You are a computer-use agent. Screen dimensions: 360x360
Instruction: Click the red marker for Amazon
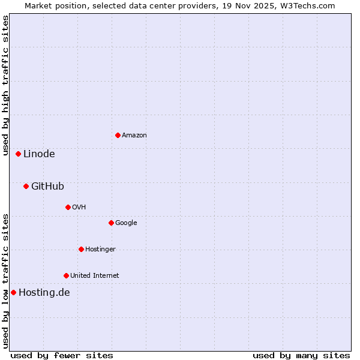click(x=118, y=135)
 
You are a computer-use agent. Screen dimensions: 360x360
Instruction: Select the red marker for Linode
click(x=19, y=154)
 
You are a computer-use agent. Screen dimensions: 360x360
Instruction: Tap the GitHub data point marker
click(x=26, y=186)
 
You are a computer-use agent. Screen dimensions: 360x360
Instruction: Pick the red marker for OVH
click(x=68, y=207)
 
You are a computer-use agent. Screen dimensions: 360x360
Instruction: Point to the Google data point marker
click(x=111, y=223)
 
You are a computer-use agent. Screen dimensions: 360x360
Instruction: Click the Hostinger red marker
click(x=81, y=249)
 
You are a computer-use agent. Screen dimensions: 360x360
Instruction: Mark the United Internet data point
click(x=66, y=275)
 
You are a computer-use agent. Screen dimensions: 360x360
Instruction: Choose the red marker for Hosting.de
click(x=13, y=292)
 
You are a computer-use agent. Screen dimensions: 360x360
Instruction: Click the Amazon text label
click(x=134, y=136)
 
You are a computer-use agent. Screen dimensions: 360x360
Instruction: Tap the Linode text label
click(x=39, y=154)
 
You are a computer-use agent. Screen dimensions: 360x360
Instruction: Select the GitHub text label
click(x=47, y=186)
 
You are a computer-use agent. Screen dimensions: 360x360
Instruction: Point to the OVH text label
click(x=79, y=208)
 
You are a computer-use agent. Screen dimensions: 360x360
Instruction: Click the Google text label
click(x=126, y=223)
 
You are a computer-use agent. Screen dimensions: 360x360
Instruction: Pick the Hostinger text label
click(x=100, y=250)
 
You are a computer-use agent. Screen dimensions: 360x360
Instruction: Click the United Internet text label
click(x=95, y=276)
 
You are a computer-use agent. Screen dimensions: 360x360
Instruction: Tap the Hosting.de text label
click(x=44, y=293)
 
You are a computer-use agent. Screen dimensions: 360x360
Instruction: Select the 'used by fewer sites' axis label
click(x=62, y=355)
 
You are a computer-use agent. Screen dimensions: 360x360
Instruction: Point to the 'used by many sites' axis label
click(x=301, y=355)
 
